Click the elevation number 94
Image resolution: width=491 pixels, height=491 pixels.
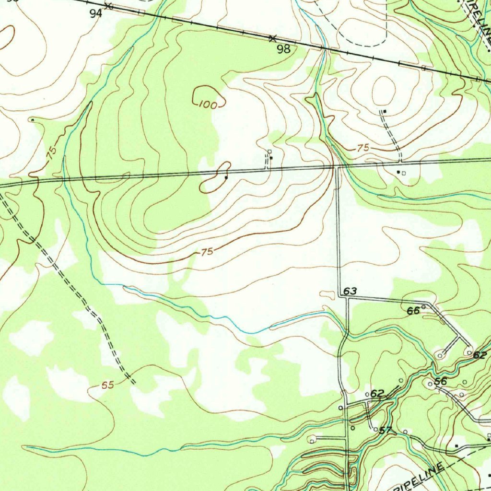pyautogui.click(x=96, y=14)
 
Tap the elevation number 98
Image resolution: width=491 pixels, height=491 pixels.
pyautogui.click(x=284, y=48)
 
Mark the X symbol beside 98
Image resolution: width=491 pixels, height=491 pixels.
pyautogui.click(x=273, y=38)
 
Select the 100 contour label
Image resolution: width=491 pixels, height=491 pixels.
pyautogui.click(x=207, y=105)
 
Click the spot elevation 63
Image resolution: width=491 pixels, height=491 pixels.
pyautogui.click(x=350, y=291)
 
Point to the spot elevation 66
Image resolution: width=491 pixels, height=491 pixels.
pyautogui.click(x=413, y=311)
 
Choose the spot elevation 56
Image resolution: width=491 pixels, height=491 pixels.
pyautogui.click(x=440, y=382)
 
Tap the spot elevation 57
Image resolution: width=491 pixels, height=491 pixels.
pyautogui.click(x=386, y=430)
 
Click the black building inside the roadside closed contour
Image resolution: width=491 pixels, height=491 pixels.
pyautogui.click(x=226, y=177)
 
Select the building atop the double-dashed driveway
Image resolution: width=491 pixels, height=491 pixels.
pyautogui.click(x=385, y=111)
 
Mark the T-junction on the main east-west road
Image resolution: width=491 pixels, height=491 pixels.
pyautogui.click(x=338, y=167)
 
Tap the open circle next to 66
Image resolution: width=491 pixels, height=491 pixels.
pyautogui.click(x=423, y=307)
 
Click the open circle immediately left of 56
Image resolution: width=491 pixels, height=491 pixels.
pyautogui.click(x=430, y=384)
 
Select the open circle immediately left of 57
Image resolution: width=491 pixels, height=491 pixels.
pyautogui.click(x=375, y=429)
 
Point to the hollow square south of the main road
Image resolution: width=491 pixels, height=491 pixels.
pyautogui.click(x=404, y=173)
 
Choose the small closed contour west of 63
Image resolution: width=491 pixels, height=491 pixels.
pyautogui.click(x=328, y=293)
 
